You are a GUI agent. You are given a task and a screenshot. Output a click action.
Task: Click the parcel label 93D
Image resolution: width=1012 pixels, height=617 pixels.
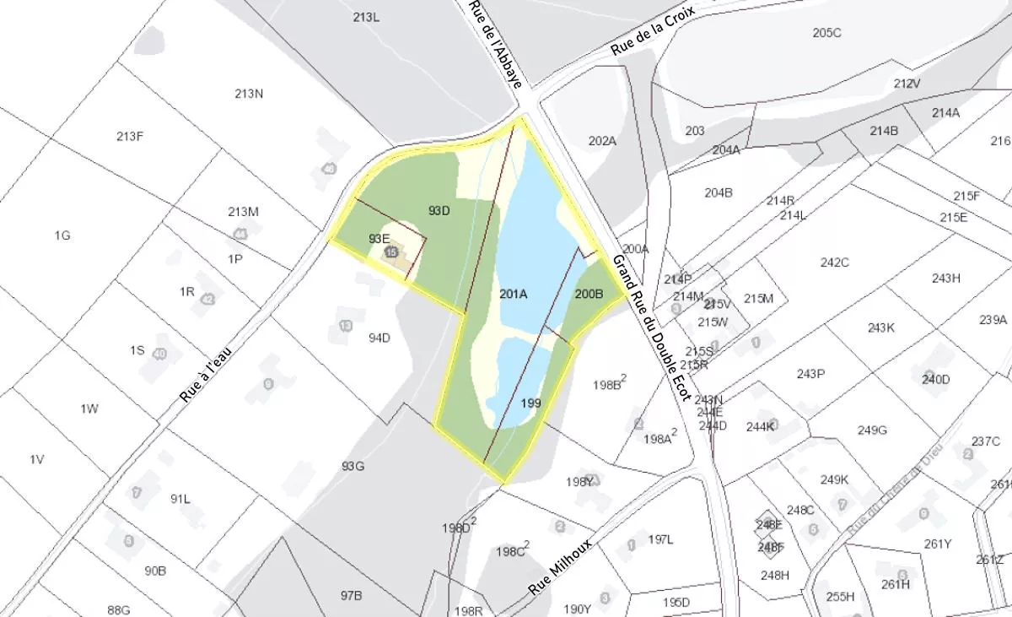439,210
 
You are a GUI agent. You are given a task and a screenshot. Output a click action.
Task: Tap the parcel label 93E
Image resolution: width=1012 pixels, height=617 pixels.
379,239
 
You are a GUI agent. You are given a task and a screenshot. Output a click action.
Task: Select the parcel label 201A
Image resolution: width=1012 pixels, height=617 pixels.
513,295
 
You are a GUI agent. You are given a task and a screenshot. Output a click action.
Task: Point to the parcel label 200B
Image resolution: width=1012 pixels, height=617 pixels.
589,295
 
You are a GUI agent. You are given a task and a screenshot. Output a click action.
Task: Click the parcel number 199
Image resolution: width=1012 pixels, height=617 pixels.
530,403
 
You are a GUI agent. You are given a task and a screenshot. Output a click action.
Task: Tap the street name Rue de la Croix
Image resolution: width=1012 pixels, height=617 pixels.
652,31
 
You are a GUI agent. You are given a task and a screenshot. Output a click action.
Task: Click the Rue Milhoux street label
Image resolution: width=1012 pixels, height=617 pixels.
561,566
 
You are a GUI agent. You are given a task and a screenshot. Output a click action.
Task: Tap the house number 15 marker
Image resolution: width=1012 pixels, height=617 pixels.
391,252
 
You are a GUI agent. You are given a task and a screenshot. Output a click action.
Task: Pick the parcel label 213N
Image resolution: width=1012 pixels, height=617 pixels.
249,94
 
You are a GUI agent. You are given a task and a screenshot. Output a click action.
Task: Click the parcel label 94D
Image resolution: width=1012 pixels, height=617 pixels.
379,338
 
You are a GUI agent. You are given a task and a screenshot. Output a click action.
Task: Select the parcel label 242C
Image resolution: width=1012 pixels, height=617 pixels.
834,262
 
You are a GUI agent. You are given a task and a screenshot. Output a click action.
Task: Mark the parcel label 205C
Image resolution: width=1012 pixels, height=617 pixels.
826,33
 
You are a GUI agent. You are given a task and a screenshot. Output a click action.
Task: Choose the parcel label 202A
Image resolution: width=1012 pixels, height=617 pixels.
602,141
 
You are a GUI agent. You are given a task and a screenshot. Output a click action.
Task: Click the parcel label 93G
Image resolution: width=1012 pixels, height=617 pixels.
353,466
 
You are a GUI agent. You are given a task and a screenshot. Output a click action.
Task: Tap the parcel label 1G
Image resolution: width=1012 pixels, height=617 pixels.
62,235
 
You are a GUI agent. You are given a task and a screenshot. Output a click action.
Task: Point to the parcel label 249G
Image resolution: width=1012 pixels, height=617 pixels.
872,430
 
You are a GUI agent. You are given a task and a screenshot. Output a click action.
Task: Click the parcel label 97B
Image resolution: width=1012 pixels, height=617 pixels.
352,595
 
